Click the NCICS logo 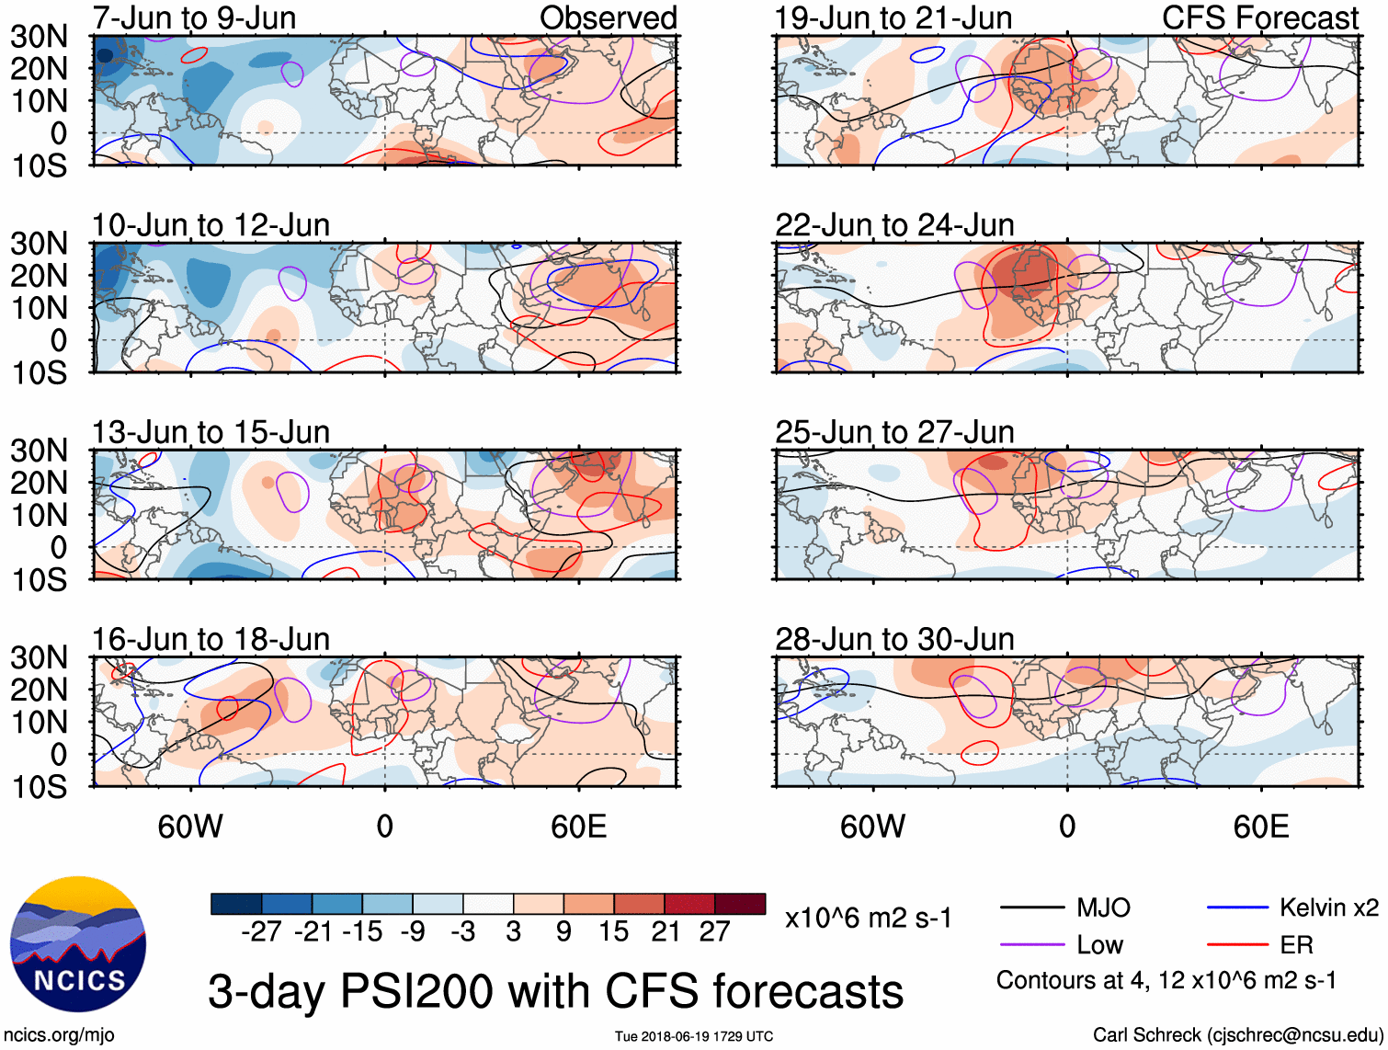click(78, 944)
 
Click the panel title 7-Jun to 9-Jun click(194, 17)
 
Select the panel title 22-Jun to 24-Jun click(894, 225)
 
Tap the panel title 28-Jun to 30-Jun click(894, 639)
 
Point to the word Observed click(608, 17)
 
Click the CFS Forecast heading click(1260, 17)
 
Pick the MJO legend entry click(1103, 908)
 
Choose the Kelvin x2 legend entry click(1328, 908)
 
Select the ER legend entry click(1296, 944)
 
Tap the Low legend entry click(1099, 944)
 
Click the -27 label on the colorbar click(261, 931)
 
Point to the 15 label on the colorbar click(613, 931)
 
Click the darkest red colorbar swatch click(740, 904)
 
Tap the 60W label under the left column click(190, 827)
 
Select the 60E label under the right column click(1260, 827)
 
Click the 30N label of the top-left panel click(39, 37)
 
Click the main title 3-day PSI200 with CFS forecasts click(555, 991)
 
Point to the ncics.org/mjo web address click(59, 1034)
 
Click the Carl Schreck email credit click(1237, 1034)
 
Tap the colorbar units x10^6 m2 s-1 click(869, 918)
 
